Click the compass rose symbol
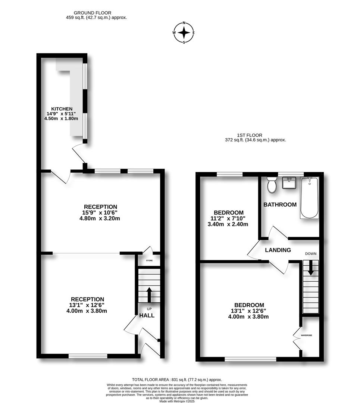[184, 32]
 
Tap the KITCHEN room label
[62, 109]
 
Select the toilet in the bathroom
[271, 185]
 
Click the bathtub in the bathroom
[310, 198]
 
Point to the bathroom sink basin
[289, 183]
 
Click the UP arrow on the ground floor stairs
[149, 295]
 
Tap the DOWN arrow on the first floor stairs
[311, 268]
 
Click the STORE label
[149, 260]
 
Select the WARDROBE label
[306, 335]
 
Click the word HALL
[147, 315]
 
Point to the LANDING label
[278, 250]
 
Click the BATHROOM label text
[280, 204]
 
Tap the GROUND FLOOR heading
[93, 13]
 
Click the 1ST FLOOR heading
[250, 135]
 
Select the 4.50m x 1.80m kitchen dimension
[61, 119]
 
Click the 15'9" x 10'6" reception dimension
[100, 213]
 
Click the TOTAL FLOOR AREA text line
[177, 379]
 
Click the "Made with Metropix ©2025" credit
[177, 401]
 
